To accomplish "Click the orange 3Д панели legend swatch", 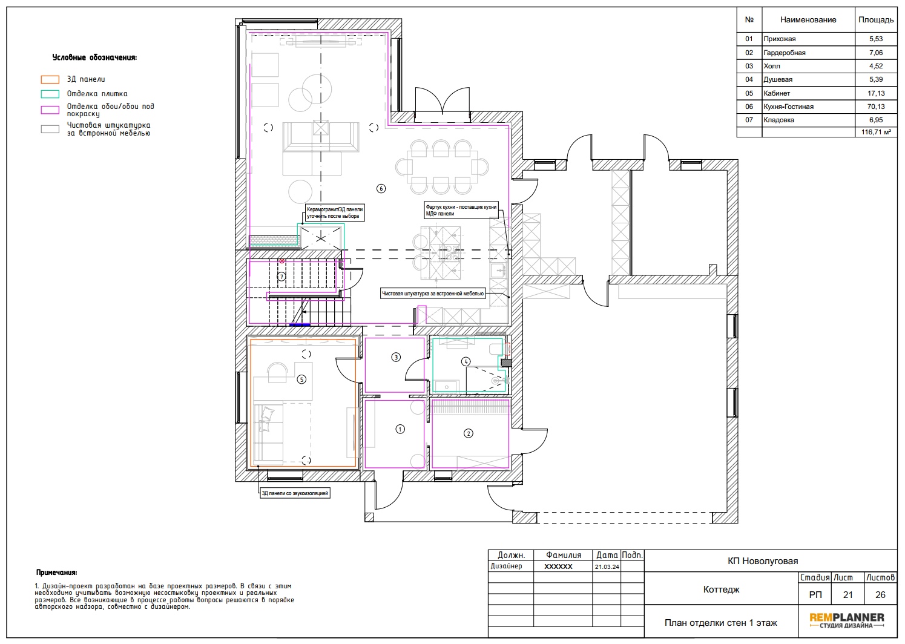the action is (x=50, y=79).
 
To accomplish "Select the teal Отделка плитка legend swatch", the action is (x=50, y=94).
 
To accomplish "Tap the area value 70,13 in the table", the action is (x=876, y=107).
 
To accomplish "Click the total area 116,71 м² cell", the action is (x=876, y=132).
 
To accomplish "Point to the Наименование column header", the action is (x=808, y=20).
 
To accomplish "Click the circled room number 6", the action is (x=381, y=188).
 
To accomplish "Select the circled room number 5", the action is (x=301, y=379).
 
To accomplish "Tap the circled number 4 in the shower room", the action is (x=466, y=361).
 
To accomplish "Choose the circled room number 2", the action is (x=469, y=433).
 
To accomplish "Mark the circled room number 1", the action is (x=400, y=429).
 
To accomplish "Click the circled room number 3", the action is (x=396, y=357).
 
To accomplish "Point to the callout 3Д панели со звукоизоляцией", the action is (x=295, y=493).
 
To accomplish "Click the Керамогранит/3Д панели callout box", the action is (x=335, y=212).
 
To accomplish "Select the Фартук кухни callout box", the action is (x=461, y=210).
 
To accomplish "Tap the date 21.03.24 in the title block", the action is (x=607, y=567).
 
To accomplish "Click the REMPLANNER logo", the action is (x=847, y=620).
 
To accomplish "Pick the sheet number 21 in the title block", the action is (x=847, y=595).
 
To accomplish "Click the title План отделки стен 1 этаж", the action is (x=721, y=623).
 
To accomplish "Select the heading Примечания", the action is (x=56, y=573).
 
